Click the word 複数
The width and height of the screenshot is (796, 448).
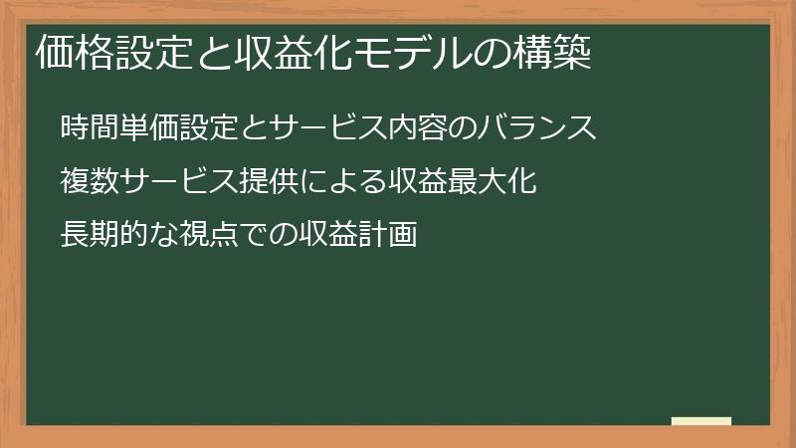90,182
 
